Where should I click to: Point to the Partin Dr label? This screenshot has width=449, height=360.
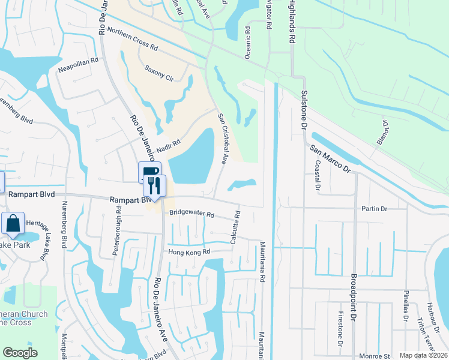[x=374, y=209]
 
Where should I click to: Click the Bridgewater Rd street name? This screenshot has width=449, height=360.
[x=191, y=213]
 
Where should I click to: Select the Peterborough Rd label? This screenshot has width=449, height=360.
[x=118, y=231]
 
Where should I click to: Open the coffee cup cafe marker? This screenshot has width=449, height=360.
[x=149, y=172]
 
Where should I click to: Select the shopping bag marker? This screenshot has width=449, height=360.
[x=13, y=224]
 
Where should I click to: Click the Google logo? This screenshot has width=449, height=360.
[x=20, y=353]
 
